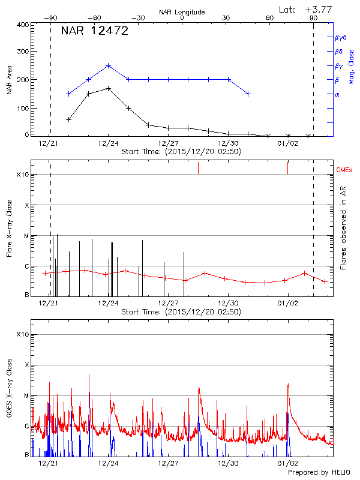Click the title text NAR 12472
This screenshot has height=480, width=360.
95,31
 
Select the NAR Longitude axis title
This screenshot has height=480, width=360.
182,12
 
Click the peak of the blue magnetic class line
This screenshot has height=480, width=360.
108,65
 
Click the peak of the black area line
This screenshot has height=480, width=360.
108,88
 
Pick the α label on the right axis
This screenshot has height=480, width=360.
337,94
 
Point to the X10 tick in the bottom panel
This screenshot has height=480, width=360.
23,334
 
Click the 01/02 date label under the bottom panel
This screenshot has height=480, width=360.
287,463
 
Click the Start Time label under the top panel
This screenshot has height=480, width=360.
181,152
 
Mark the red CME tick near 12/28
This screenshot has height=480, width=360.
199,168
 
